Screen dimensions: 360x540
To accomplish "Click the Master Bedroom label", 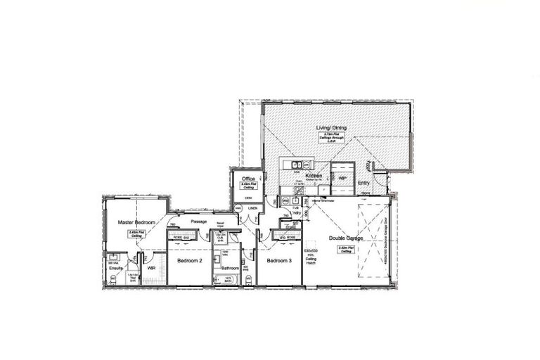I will point(136,222).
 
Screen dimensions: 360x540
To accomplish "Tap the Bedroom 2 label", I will point(189,261).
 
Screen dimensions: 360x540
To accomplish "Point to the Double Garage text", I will point(345,238).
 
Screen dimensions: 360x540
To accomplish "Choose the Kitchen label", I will point(313,175).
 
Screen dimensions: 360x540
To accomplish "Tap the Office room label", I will point(247,179).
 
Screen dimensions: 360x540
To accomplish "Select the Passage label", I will point(198,221).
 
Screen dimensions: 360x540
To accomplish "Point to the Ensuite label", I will point(115,267).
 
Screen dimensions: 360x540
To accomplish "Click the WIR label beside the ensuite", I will point(151,267).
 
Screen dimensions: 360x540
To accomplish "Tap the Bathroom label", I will point(231,268).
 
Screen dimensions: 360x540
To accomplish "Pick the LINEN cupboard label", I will point(252,208).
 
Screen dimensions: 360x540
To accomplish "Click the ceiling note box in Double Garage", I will point(345,249).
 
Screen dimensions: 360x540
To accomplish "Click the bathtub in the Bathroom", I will point(229,279).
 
